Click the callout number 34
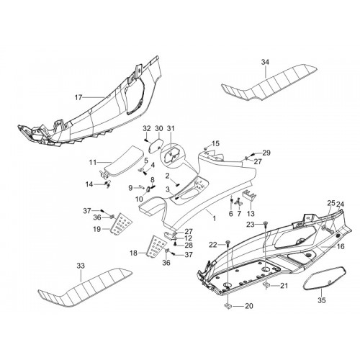coord(265,62)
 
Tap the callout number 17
coord(78,97)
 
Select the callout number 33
coord(81,266)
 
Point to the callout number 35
coord(322,300)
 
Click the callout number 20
coord(249,306)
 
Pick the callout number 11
coord(93,163)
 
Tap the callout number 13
coord(251,213)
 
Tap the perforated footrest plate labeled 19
coord(122,223)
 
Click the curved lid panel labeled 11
coord(125,161)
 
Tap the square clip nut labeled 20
coord(228,306)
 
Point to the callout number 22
coord(213,245)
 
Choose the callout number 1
coord(215,218)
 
